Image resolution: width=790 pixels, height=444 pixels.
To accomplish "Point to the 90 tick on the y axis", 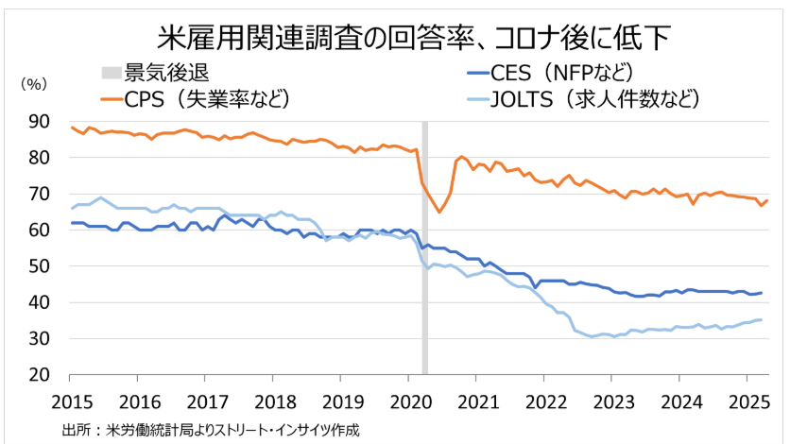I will coord(39,121).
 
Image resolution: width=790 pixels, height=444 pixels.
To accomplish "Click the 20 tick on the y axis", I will coord(39,374).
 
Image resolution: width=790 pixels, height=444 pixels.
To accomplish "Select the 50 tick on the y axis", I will coord(39,266).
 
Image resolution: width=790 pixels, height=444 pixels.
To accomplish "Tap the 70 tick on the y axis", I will coord(39,194).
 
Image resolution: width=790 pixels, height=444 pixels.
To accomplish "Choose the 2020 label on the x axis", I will coord(407,400).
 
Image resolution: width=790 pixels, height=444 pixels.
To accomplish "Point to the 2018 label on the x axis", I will coord(273,400).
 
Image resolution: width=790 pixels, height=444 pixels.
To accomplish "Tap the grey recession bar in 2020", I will coord(425,283).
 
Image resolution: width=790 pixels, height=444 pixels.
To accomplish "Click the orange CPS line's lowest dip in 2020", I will coord(439,212).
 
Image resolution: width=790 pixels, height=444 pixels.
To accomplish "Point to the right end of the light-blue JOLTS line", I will coord(763,319).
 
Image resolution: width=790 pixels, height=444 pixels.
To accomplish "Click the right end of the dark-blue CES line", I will coord(763,293).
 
